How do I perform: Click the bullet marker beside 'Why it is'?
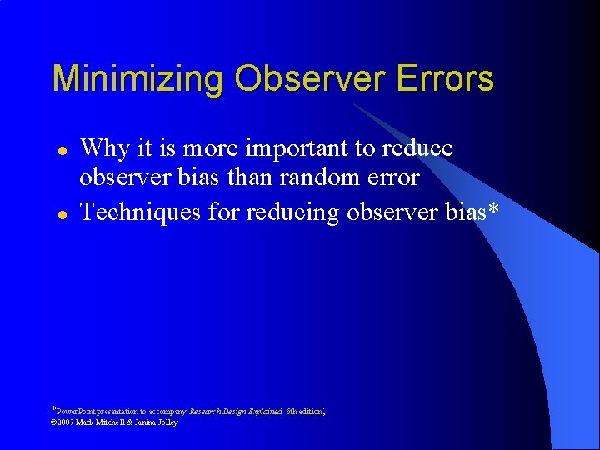[61, 149]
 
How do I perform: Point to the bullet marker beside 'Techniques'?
[61, 214]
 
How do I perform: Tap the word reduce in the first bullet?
[413, 148]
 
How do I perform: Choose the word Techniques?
[139, 212]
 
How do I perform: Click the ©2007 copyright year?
[63, 422]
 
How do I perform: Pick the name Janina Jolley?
[157, 422]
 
